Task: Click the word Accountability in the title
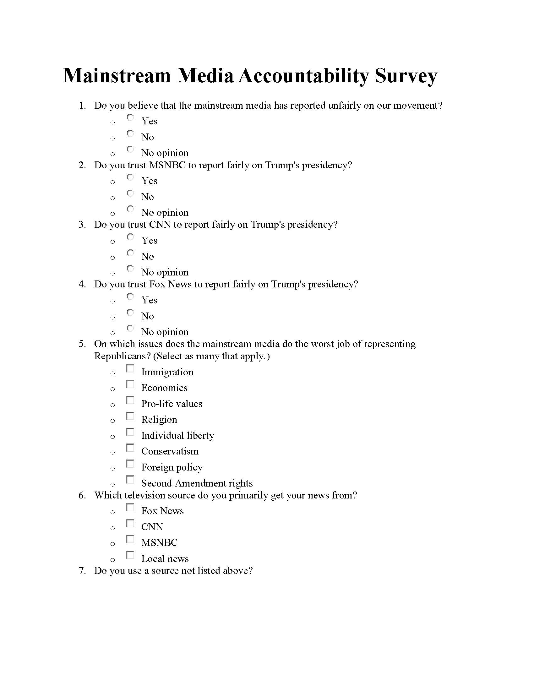tap(303, 76)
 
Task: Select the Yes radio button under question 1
tap(130, 118)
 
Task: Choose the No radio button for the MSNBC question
tap(130, 193)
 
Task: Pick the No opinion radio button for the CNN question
tap(130, 269)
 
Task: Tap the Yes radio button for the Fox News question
tap(130, 297)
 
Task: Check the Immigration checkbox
tap(130, 369)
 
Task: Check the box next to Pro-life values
tap(130, 400)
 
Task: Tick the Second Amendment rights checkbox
tap(130, 480)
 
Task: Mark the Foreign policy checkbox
tap(130, 464)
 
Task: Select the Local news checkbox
tap(130, 555)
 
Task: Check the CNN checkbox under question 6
tap(130, 524)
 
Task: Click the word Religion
tap(159, 420)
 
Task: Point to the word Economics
tap(164, 388)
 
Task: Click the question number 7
tap(82, 571)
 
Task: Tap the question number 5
tap(82, 344)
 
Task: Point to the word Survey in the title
tap(406, 77)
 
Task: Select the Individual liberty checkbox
tap(130, 432)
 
